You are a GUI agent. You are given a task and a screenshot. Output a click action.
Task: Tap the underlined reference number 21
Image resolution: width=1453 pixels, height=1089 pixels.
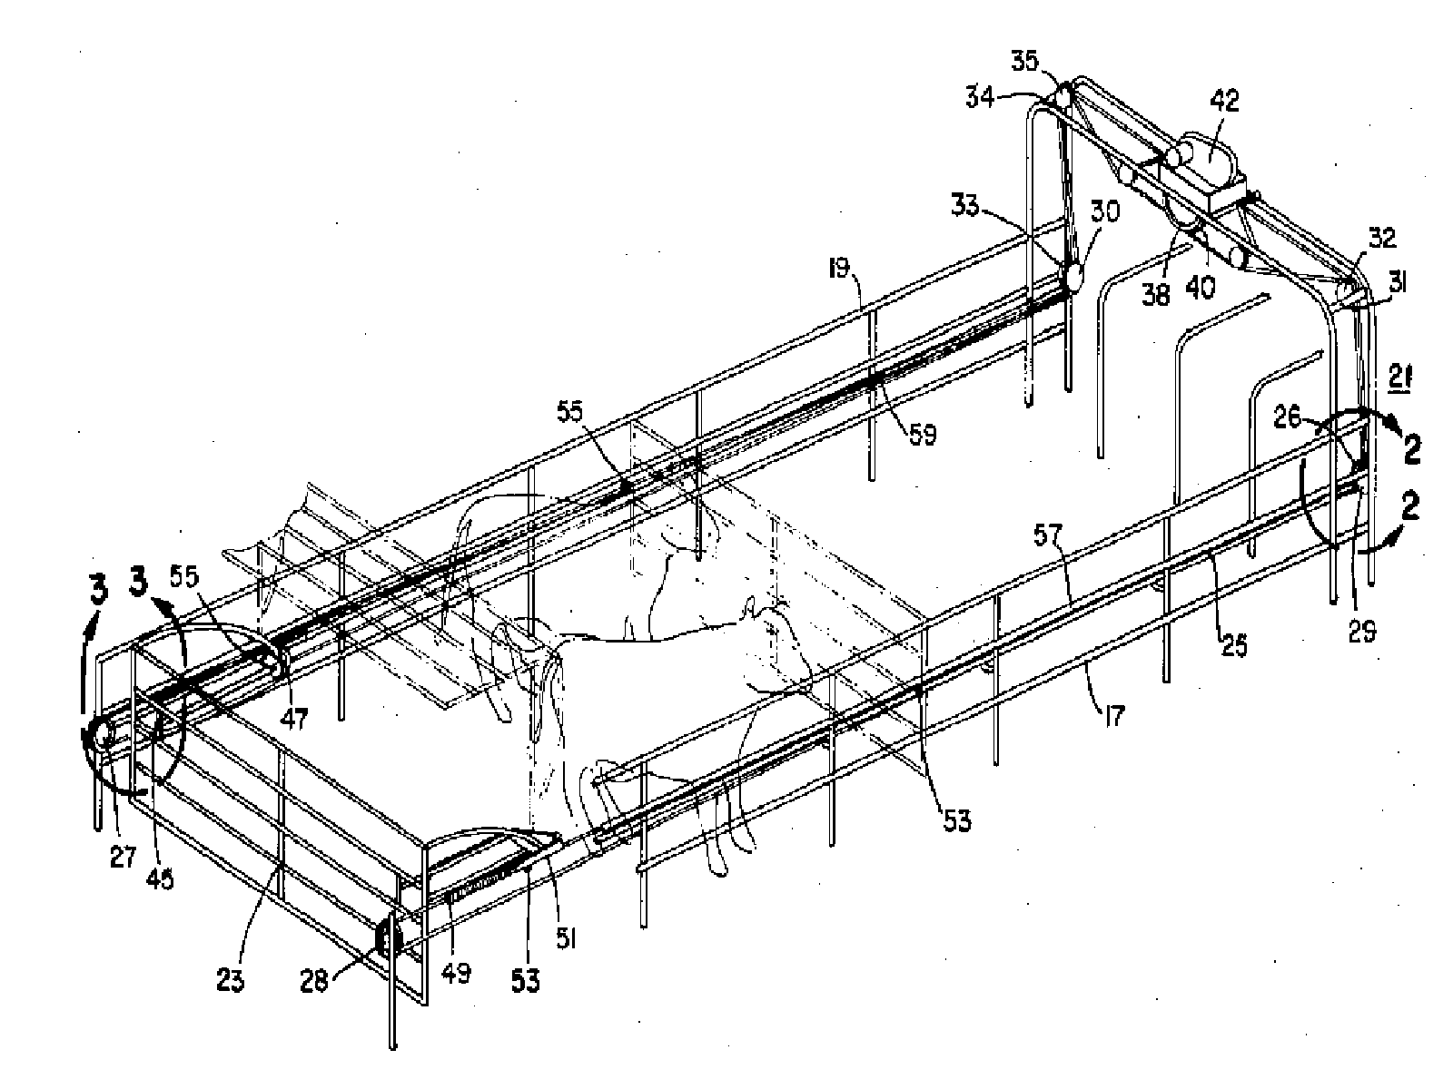pos(1399,374)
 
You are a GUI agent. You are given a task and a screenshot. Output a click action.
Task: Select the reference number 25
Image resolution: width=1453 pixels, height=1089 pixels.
pos(1234,645)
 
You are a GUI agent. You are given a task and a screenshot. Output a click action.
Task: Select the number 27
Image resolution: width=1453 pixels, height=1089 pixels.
pos(123,858)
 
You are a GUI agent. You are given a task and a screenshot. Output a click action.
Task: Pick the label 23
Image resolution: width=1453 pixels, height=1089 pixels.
pos(230,981)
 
